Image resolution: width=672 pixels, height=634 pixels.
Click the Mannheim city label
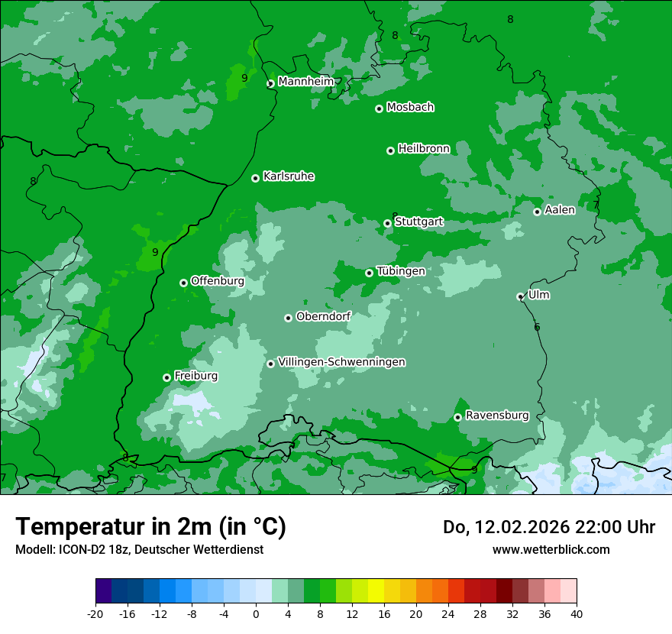pyautogui.click(x=305, y=82)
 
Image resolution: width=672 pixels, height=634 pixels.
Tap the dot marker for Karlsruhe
pyautogui.click(x=255, y=178)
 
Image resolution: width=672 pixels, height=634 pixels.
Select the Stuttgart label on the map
pyautogui.click(x=418, y=222)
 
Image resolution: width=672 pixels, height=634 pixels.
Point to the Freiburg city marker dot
pyautogui.click(x=166, y=377)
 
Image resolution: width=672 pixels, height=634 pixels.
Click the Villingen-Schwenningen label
pyautogui.click(x=341, y=362)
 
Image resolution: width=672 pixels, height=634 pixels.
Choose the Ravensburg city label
pyautogui.click(x=496, y=416)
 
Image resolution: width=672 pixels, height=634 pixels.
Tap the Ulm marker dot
pyautogui.click(x=520, y=296)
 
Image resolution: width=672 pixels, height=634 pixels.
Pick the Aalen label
pyautogui.click(x=559, y=210)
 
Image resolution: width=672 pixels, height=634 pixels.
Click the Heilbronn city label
pyautogui.click(x=424, y=149)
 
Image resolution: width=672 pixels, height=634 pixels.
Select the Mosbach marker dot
pyautogui.click(x=379, y=108)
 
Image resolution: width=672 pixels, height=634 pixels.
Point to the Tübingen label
pyautogui.click(x=401, y=271)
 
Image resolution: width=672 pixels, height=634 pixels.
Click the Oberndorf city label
pyautogui.click(x=323, y=317)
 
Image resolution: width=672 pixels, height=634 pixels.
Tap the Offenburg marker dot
pyautogui.click(x=183, y=283)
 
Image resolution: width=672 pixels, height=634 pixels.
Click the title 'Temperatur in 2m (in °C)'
pyautogui.click(x=150, y=527)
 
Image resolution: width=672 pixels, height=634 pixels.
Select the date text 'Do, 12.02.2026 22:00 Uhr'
pyautogui.click(x=549, y=527)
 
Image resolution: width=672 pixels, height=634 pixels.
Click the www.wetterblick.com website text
pyautogui.click(x=551, y=550)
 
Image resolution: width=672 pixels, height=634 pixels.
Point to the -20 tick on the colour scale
pyautogui.click(x=95, y=613)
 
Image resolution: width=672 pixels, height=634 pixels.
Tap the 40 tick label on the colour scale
pyautogui.click(x=577, y=613)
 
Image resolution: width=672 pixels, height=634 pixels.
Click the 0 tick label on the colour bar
pyautogui.click(x=256, y=613)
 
